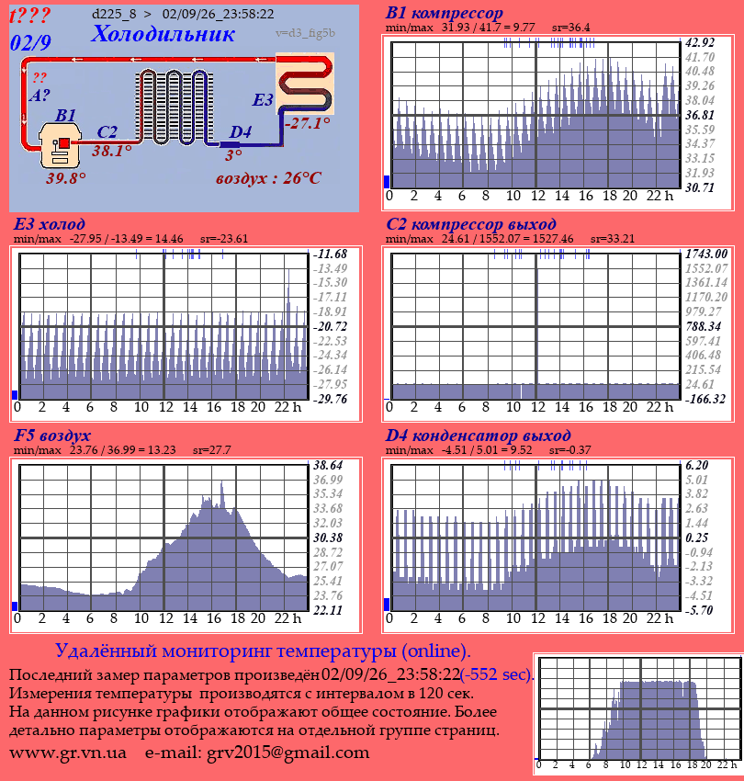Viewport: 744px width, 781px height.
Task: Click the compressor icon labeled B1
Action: point(60,145)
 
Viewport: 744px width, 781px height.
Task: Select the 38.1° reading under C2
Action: point(111,151)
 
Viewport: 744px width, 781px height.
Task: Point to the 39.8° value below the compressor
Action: point(66,178)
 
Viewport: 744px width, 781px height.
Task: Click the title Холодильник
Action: point(163,34)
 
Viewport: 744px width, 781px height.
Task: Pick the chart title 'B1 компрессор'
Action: point(445,13)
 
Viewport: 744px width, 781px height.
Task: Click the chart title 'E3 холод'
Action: point(50,224)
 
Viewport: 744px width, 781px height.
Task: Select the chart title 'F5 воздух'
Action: point(52,436)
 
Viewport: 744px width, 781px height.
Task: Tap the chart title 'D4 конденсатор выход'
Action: point(478,436)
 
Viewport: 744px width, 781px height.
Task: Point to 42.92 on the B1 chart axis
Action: point(700,42)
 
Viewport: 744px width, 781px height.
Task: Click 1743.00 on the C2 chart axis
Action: point(706,254)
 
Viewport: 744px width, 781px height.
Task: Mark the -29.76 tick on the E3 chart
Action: point(330,399)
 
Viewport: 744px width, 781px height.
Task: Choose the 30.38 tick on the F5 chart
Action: point(328,538)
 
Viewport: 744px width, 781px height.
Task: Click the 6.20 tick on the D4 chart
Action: point(696,465)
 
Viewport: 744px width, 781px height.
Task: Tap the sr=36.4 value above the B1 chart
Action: point(570,28)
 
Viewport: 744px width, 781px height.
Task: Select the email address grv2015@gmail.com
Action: point(287,753)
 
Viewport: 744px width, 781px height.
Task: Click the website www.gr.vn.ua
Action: point(68,753)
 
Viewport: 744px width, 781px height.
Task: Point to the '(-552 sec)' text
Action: point(497,674)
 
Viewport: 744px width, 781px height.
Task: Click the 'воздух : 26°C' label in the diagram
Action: point(268,178)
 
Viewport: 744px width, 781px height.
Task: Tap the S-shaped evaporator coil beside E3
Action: point(305,85)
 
